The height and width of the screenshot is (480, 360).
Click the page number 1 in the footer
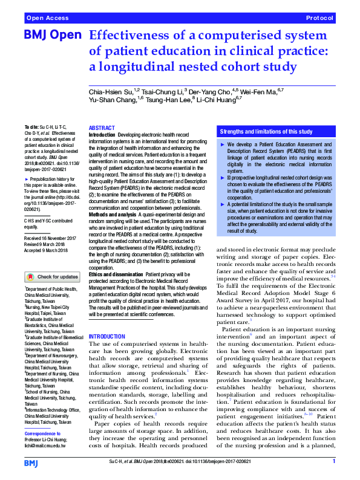[x=334, y=461]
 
